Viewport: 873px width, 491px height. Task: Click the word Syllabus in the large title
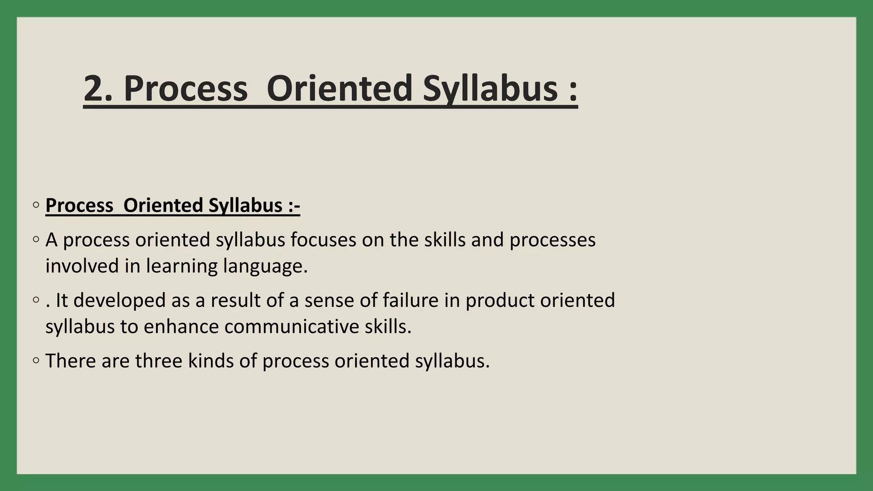[490, 89]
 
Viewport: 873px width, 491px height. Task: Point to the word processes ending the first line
[552, 240]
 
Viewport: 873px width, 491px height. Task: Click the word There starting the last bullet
[70, 361]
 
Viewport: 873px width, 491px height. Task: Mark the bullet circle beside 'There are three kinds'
[36, 361]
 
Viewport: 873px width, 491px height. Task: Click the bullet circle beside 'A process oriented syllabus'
[36, 240]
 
